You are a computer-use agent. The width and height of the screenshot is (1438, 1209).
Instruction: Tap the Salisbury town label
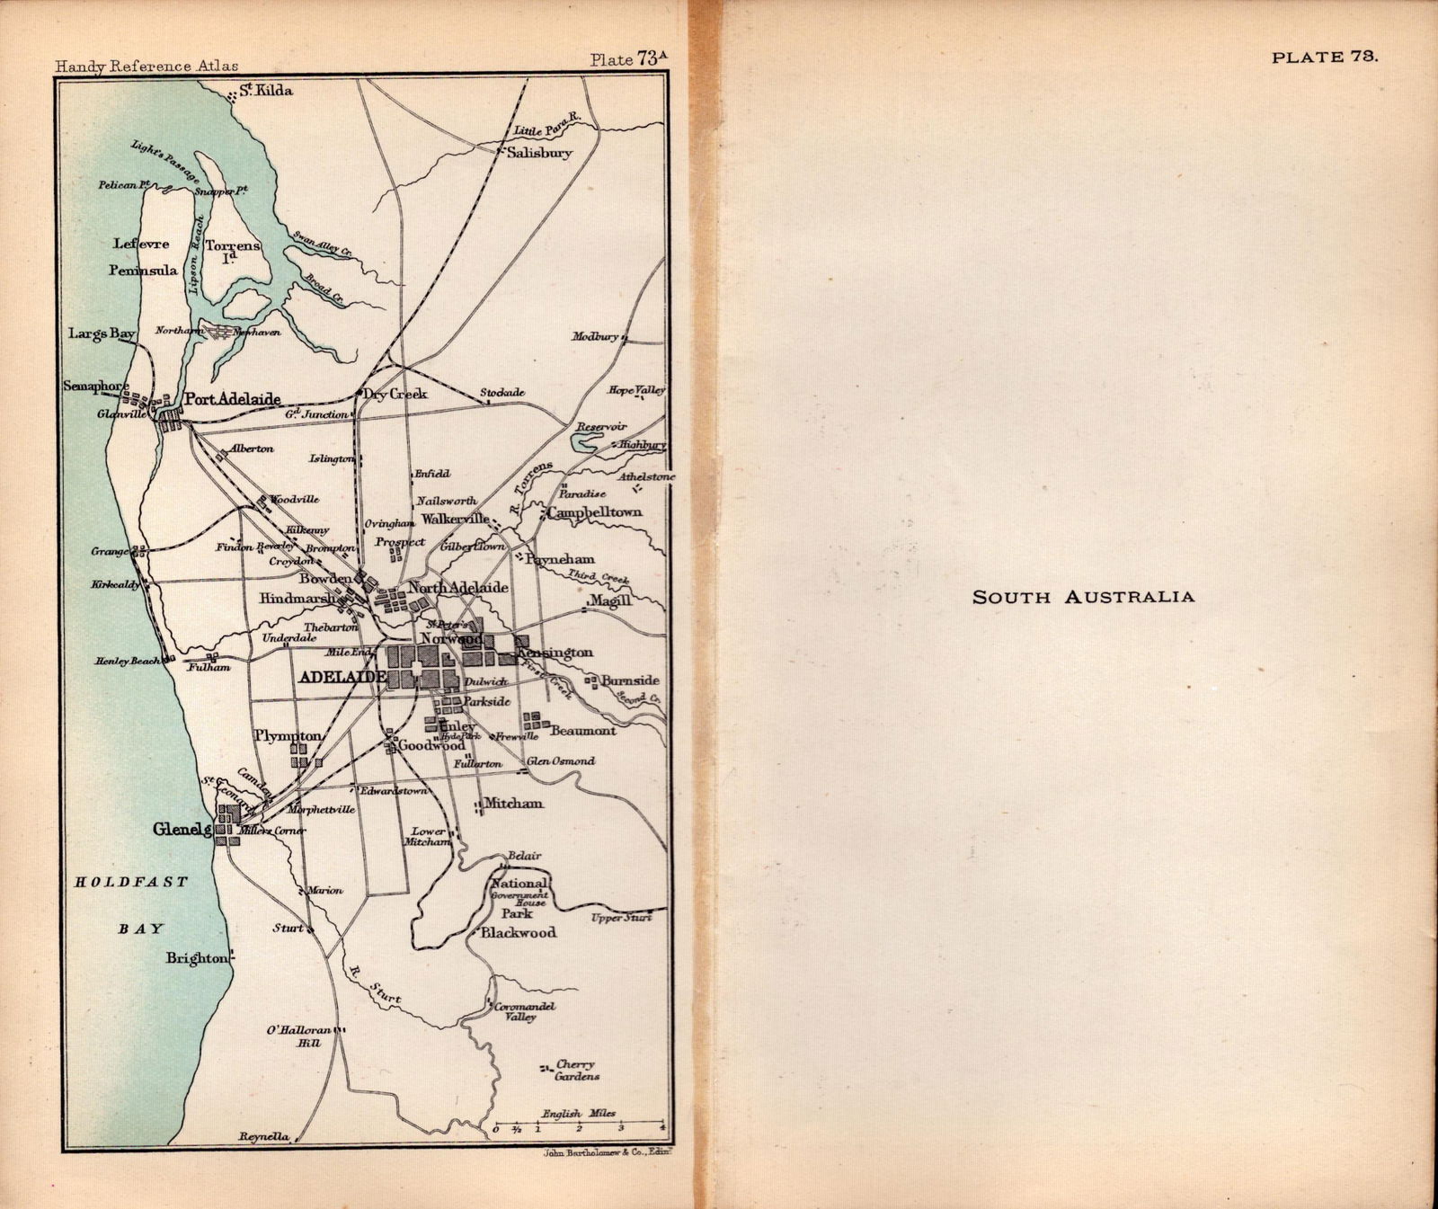pyautogui.click(x=539, y=153)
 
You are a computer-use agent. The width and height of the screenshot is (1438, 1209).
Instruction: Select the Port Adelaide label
pyautogui.click(x=233, y=399)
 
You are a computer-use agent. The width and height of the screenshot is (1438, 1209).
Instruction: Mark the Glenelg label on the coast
pyautogui.click(x=182, y=830)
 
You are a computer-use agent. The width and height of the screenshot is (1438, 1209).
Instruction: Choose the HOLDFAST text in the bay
pyautogui.click(x=131, y=882)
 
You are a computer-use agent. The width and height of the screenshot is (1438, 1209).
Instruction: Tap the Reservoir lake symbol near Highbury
pyautogui.click(x=586, y=441)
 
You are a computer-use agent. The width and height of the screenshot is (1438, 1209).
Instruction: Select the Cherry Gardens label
pyautogui.click(x=576, y=1070)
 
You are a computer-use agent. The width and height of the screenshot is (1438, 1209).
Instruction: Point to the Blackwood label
pyautogui.click(x=519, y=933)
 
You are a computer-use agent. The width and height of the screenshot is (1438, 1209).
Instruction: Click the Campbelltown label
pyautogui.click(x=594, y=512)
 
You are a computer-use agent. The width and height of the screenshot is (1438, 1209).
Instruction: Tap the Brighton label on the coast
pyautogui.click(x=196, y=958)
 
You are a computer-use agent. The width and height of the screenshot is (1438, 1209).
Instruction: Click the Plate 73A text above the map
pyautogui.click(x=629, y=60)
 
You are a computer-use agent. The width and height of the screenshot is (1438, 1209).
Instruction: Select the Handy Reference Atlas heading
pyautogui.click(x=146, y=66)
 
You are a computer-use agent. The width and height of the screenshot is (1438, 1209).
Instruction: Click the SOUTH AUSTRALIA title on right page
pyautogui.click(x=1083, y=597)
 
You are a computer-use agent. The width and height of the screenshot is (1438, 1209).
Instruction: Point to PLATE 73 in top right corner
pyautogui.click(x=1324, y=57)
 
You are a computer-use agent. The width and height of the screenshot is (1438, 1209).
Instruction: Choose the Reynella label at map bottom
pyautogui.click(x=264, y=1136)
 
